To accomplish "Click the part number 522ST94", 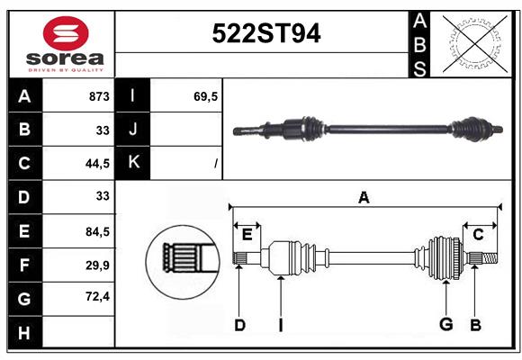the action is [266, 33].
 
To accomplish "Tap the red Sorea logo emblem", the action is [66, 33].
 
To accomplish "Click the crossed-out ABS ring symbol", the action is [475, 44].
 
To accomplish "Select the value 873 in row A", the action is [99, 96].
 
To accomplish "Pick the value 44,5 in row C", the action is [97, 164].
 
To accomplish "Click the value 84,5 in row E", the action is [97, 231].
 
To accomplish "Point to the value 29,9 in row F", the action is [97, 265].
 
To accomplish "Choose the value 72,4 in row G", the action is [97, 296].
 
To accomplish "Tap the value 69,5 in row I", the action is [205, 96].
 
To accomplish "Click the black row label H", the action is [25, 333].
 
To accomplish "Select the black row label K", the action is [132, 163].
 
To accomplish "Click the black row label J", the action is [132, 129].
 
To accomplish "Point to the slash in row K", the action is [216, 164].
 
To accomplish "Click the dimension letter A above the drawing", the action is [364, 197].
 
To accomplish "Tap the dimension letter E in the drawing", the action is [247, 235].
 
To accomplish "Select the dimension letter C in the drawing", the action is [478, 235].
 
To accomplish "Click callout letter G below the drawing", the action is [445, 324].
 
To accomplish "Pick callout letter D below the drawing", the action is [239, 325].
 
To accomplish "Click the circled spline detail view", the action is [183, 262].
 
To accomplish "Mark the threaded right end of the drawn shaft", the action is [490, 258].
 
